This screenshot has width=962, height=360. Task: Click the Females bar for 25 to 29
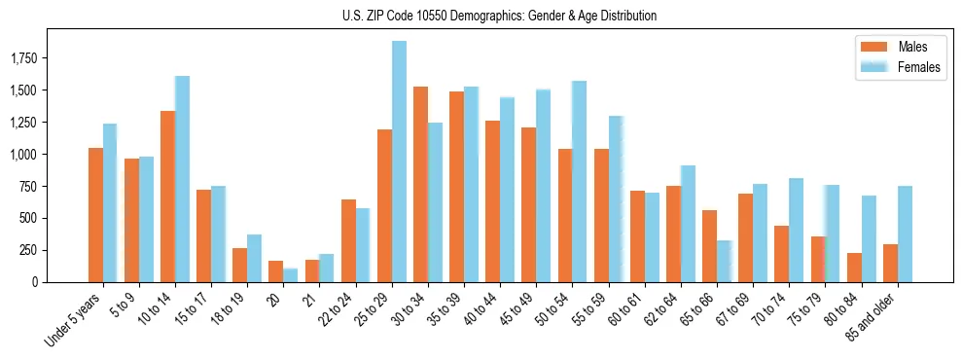tap(399, 162)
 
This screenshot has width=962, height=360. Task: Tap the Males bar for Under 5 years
tap(95, 215)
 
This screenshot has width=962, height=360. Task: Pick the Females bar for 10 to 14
tap(182, 179)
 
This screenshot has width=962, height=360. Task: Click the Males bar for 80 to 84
tap(854, 268)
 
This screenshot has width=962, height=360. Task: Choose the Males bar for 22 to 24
tap(348, 240)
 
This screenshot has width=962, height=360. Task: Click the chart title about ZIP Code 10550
tap(499, 16)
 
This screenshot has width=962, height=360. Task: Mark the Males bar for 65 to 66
tap(709, 246)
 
